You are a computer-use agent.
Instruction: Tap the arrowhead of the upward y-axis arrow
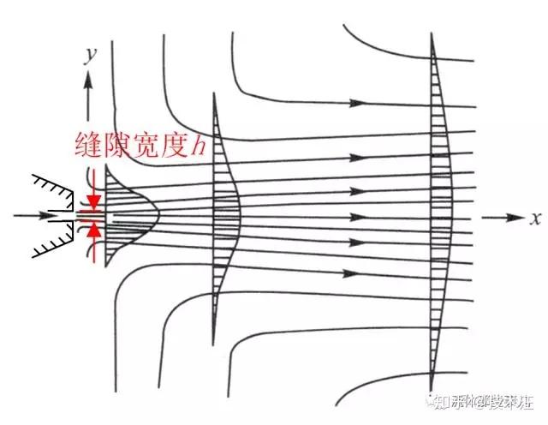pos(86,80)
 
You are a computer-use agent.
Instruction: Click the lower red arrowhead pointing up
pos(93,229)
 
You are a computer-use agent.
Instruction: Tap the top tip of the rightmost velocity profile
pos(435,34)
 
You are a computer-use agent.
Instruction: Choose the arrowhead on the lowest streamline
pos(349,274)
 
